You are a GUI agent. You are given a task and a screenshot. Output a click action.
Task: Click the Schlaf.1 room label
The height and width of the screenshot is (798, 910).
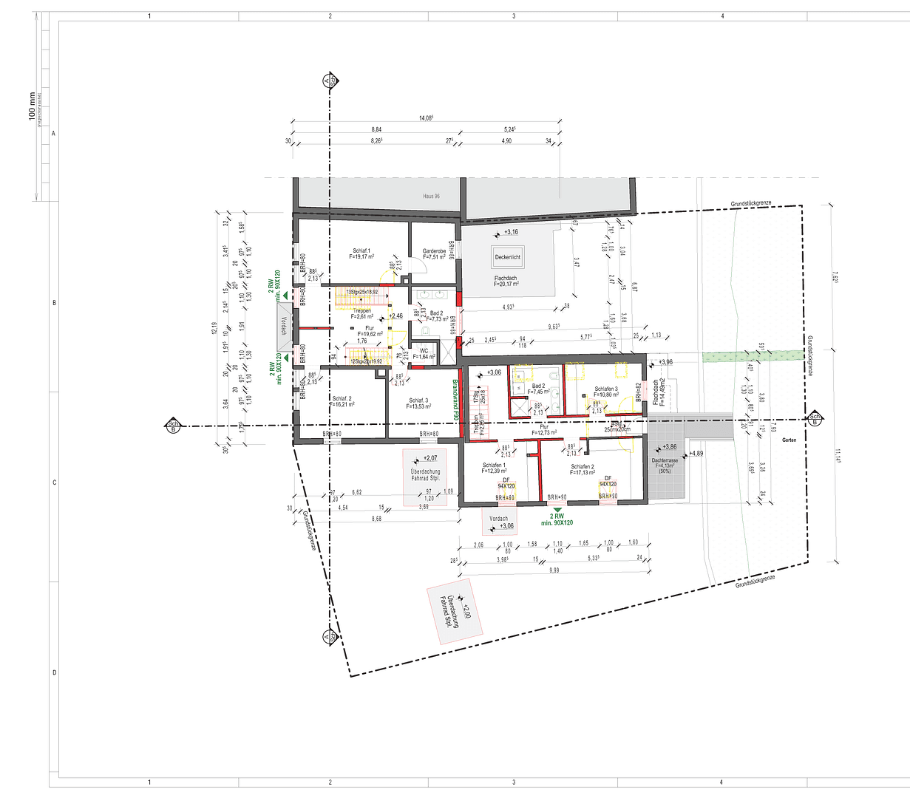pos(361,251)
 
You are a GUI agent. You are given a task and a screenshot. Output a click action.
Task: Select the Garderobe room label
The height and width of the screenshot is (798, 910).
pos(434,251)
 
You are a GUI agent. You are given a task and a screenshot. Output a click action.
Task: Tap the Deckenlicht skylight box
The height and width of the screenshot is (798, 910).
pos(508,257)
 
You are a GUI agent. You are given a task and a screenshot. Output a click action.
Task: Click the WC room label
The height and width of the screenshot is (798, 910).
pos(424,352)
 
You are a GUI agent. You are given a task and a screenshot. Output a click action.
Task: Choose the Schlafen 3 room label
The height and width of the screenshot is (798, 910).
pos(605,389)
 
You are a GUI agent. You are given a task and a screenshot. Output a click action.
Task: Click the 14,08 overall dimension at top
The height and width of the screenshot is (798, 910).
pos(426,118)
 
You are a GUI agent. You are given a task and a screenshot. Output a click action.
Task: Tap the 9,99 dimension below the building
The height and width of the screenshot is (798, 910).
pos(554,570)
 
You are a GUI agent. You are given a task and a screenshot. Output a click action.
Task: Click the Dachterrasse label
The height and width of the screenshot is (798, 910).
pos(665,460)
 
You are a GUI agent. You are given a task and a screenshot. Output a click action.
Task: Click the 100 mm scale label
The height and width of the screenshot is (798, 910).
pos(31,108)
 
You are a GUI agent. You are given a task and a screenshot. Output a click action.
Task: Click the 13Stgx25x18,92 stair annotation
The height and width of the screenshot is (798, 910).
pos(361,292)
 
